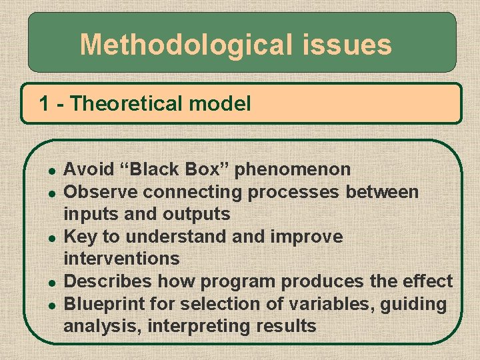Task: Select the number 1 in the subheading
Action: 44,103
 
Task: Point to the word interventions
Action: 121,258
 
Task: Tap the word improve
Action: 311,237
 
